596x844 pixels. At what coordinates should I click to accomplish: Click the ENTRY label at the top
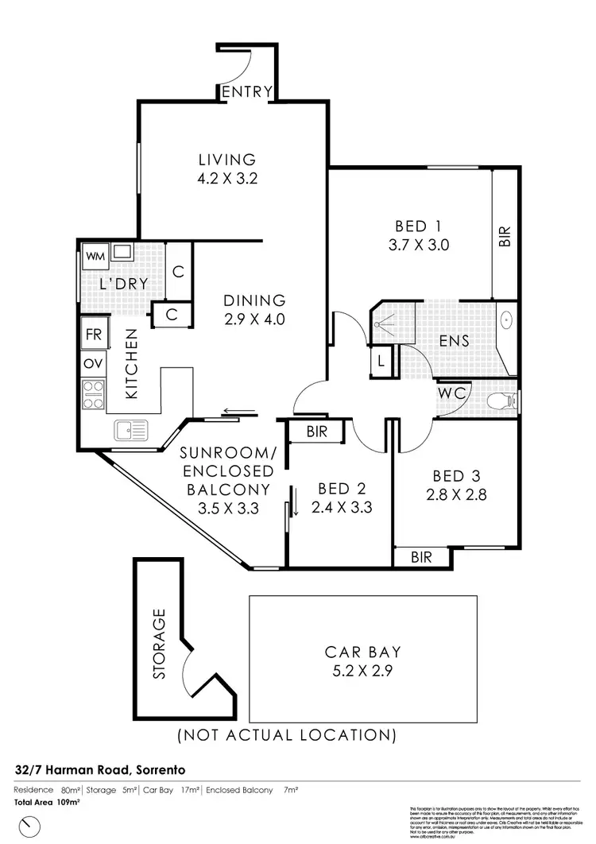click(x=247, y=91)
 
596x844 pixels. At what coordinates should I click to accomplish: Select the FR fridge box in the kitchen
click(x=93, y=335)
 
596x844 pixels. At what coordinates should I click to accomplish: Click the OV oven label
click(x=93, y=364)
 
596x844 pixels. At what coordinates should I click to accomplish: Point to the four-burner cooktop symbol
click(x=94, y=394)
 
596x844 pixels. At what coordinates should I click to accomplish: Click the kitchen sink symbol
click(x=130, y=431)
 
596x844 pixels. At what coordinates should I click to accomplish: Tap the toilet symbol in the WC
click(x=499, y=401)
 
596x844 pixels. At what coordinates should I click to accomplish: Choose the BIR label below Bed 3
click(x=421, y=557)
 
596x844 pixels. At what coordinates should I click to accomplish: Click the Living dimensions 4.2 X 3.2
click(x=227, y=179)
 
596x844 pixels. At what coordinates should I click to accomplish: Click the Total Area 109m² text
click(x=46, y=802)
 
